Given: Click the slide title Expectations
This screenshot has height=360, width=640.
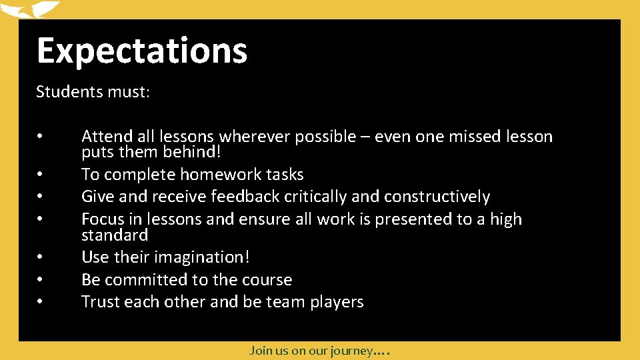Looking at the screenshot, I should pos(141,51).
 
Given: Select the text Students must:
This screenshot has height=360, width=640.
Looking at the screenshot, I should pos(93,91).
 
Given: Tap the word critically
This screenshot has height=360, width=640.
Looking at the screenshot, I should pos(315,197).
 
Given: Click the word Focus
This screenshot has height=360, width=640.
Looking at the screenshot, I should pos(103,219).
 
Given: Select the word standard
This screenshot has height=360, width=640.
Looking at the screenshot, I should pos(114,235).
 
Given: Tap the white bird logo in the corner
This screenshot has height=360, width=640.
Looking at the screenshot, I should pos(30,9).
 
